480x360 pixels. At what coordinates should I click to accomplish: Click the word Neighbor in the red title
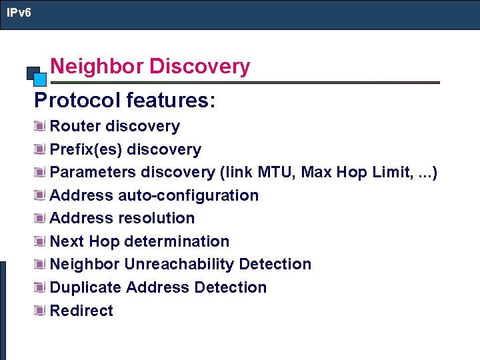click(97, 67)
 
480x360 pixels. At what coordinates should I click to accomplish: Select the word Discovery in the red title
click(199, 67)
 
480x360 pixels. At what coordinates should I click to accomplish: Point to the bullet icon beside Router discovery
click(41, 126)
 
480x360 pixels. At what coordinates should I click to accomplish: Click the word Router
click(75, 126)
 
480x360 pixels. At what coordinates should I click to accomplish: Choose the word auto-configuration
click(188, 195)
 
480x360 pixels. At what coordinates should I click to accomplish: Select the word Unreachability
click(179, 264)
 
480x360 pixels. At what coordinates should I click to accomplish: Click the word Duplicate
click(85, 287)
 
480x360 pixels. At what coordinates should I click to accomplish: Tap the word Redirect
click(81, 311)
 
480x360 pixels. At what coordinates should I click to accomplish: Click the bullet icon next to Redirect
click(41, 311)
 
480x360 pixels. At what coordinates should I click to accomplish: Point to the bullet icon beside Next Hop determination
click(41, 241)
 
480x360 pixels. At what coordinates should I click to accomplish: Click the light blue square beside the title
click(40, 79)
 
